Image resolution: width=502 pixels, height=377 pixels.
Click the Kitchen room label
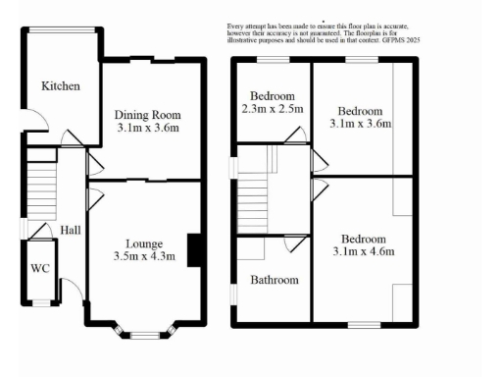(x=61, y=86)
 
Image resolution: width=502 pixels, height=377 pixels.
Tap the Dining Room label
(x=148, y=114)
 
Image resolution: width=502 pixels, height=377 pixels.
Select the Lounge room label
(x=143, y=243)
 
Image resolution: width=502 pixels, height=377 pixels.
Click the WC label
(x=40, y=268)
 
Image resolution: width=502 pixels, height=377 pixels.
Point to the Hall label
(x=71, y=230)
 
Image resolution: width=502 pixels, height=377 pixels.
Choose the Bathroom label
(x=274, y=280)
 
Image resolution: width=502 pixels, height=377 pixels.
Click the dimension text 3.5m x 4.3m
(x=143, y=257)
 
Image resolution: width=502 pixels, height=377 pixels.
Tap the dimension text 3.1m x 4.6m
(x=362, y=252)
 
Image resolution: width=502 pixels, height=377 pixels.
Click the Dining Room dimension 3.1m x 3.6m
(x=148, y=128)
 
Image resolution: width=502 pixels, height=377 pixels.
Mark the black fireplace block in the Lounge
(x=194, y=249)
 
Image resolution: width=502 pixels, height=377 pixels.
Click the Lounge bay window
(x=144, y=332)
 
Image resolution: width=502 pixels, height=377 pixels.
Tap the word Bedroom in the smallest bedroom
(x=274, y=95)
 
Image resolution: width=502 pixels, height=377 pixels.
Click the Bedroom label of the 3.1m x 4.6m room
(x=363, y=240)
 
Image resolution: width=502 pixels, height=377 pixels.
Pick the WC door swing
(x=40, y=232)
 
